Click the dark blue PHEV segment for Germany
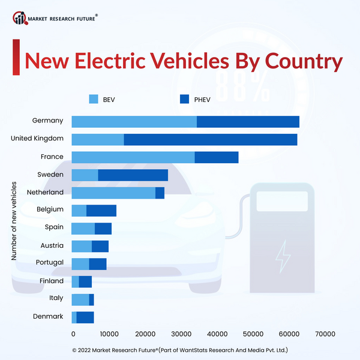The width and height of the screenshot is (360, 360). pyautogui.click(x=248, y=122)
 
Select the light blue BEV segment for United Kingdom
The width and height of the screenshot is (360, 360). pyautogui.click(x=98, y=140)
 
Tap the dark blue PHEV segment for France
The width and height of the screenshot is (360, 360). pyautogui.click(x=217, y=157)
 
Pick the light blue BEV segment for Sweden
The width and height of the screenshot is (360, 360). pyautogui.click(x=85, y=175)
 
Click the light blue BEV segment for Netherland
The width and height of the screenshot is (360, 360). pyautogui.click(x=113, y=193)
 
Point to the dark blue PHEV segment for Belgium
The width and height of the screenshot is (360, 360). pyautogui.click(x=101, y=211)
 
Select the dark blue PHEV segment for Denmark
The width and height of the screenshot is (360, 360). pyautogui.click(x=85, y=317)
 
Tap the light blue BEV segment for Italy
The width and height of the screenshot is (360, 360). pyautogui.click(x=80, y=299)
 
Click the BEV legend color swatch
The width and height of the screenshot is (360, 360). pyautogui.click(x=94, y=98)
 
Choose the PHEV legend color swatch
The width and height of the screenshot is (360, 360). pyautogui.click(x=184, y=98)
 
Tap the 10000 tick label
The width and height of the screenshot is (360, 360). pyautogui.click(x=109, y=334)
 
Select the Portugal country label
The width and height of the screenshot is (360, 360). pyautogui.click(x=50, y=263)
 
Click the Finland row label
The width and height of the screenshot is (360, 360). pyautogui.click(x=52, y=281)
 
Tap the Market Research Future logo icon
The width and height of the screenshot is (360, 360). pyautogui.click(x=20, y=19)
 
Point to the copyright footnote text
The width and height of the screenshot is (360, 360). pyautogui.click(x=180, y=350)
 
